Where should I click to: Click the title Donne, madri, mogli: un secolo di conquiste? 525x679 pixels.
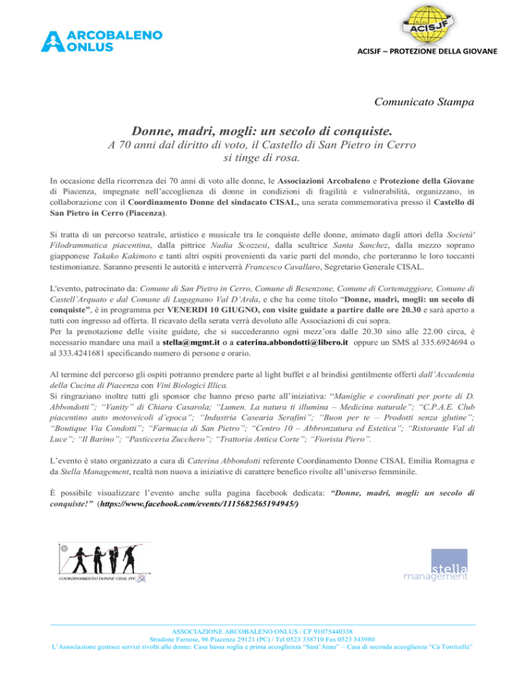(x=262, y=130)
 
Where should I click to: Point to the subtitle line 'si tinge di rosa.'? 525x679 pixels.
(x=262, y=158)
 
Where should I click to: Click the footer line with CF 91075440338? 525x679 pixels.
(x=262, y=650)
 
